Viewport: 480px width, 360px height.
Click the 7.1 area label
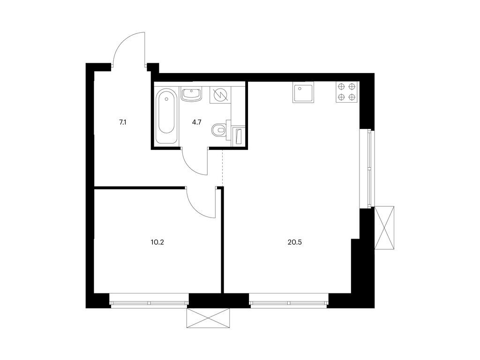pyautogui.click(x=123, y=123)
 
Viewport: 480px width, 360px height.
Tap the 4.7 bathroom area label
pyautogui.click(x=196, y=122)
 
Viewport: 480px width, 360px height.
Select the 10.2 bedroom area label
pyautogui.click(x=157, y=242)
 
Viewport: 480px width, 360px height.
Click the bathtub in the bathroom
pyautogui.click(x=166, y=116)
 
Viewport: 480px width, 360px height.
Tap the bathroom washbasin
pyautogui.click(x=192, y=94)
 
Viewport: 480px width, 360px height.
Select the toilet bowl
pyautogui.click(x=220, y=130)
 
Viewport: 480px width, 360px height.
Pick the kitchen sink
pyautogui.click(x=303, y=92)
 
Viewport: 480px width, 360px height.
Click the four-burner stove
pyautogui.click(x=347, y=92)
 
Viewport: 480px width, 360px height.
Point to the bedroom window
pyautogui.click(x=149, y=301)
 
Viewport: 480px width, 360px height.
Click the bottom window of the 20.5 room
pyautogui.click(x=289, y=301)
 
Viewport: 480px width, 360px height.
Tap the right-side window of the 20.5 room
pyautogui.click(x=367, y=169)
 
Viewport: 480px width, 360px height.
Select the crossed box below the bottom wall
pyautogui.click(x=208, y=318)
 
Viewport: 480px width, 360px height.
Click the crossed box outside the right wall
pyautogui.click(x=384, y=228)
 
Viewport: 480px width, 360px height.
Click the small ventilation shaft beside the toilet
pyautogui.click(x=239, y=136)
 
